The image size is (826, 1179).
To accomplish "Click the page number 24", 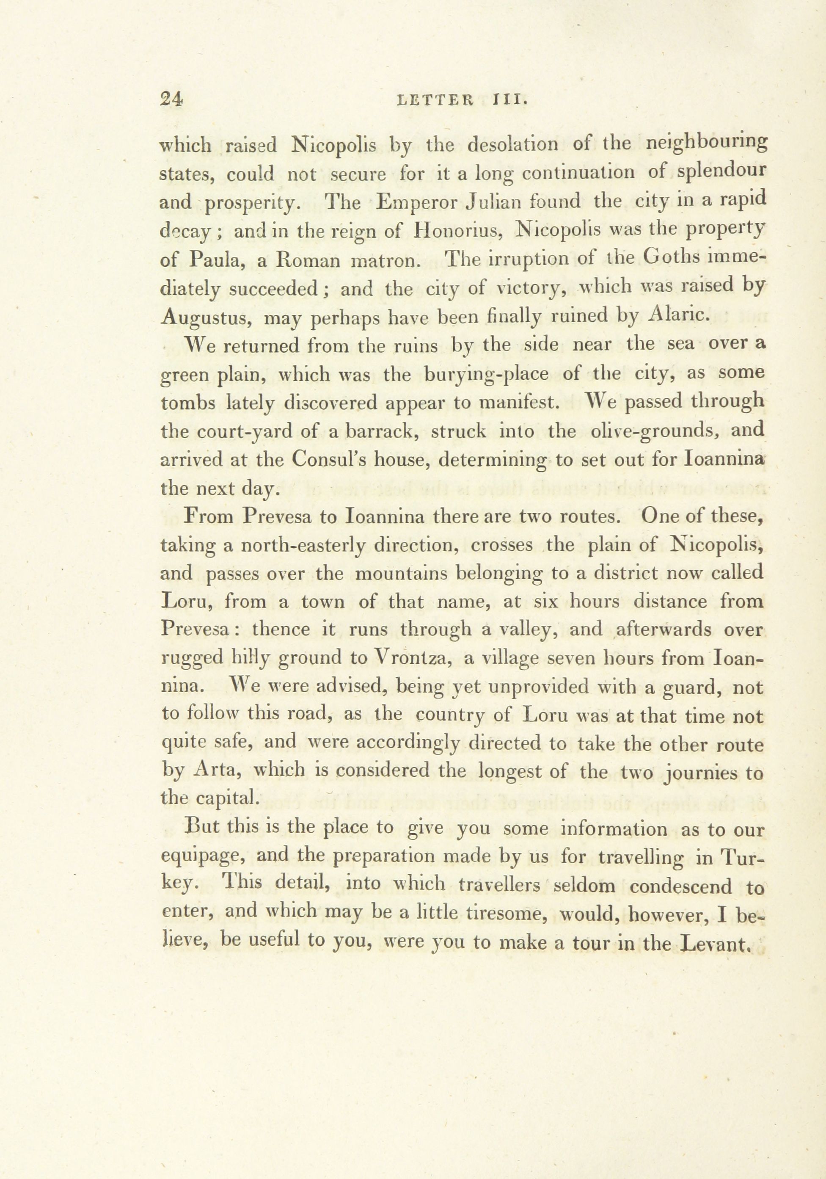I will (x=171, y=98).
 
